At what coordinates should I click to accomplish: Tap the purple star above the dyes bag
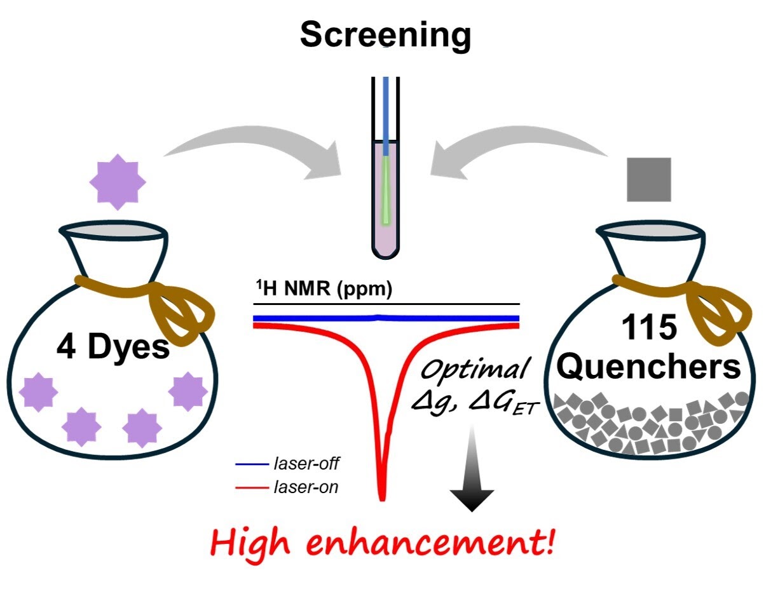(118, 182)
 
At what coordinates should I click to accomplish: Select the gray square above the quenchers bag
(649, 180)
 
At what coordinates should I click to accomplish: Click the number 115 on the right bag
(650, 327)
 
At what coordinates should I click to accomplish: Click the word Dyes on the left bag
(129, 348)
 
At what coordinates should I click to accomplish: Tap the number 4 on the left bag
(66, 347)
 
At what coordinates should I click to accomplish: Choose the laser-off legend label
(306, 464)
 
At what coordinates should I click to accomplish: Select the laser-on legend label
(306, 487)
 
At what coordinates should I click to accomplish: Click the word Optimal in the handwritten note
(475, 369)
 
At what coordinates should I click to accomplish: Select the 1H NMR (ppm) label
(324, 289)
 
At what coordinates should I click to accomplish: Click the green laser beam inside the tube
(386, 190)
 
